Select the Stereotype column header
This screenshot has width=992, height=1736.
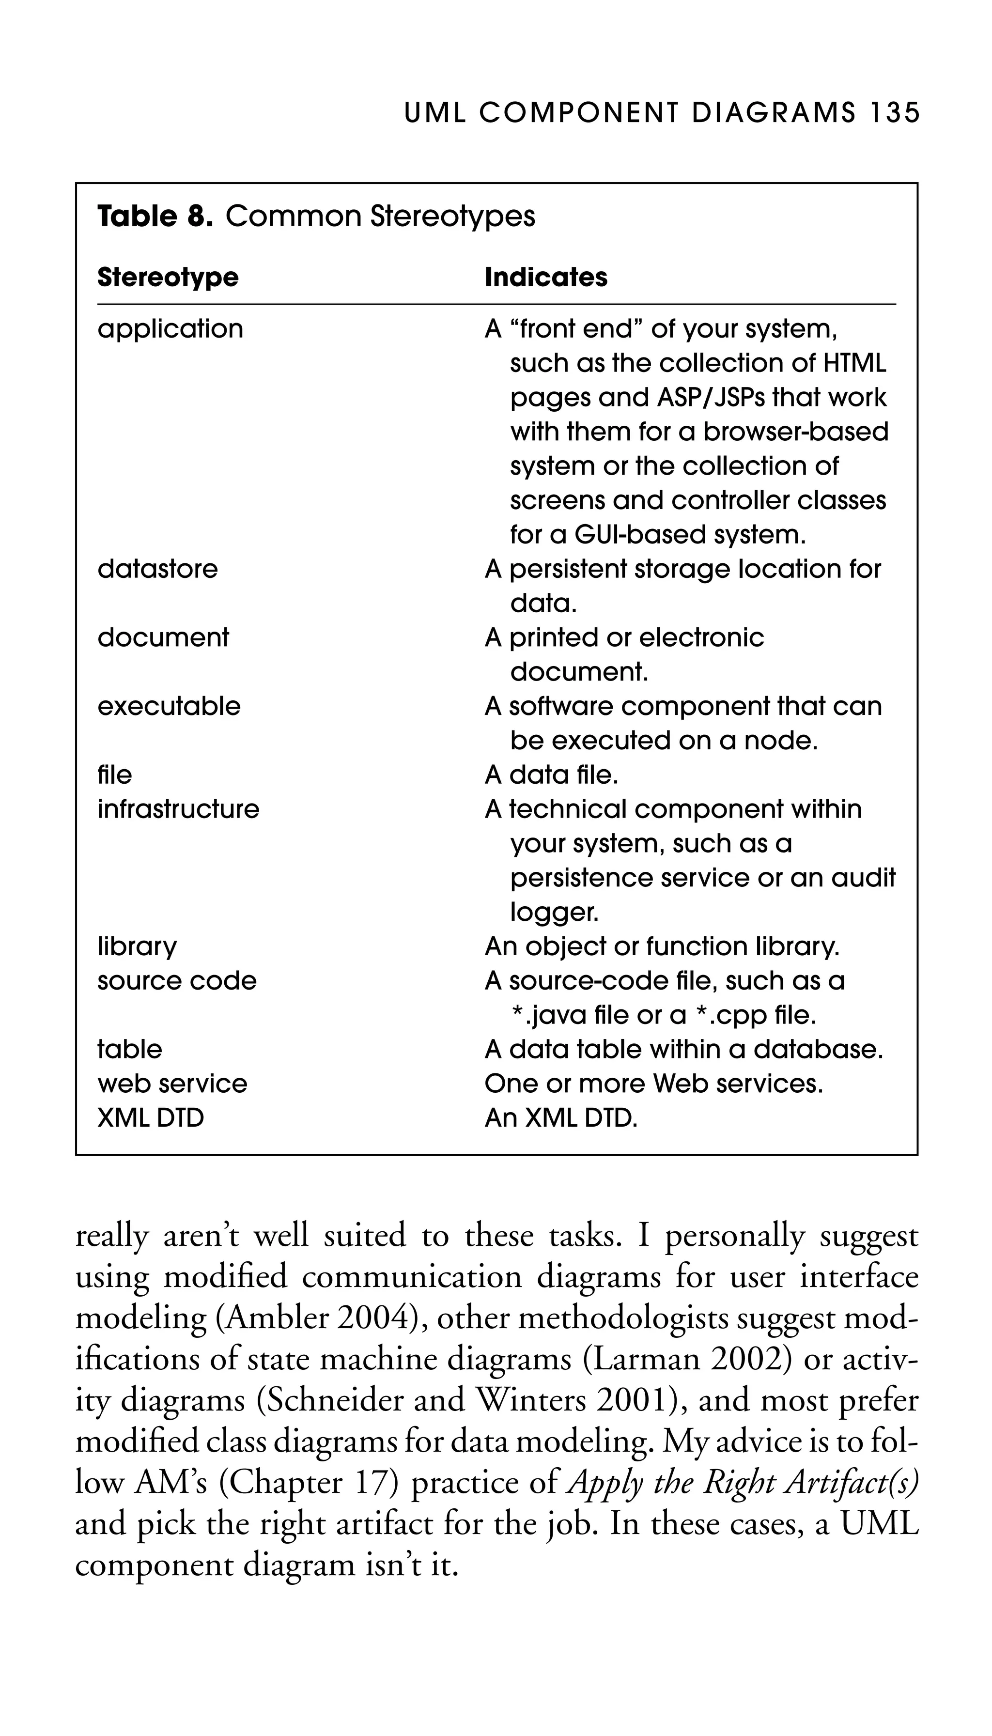[168, 277]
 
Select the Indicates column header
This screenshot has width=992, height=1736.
[546, 277]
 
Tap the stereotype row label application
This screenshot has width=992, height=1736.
[170, 329]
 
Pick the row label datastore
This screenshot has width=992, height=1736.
[157, 569]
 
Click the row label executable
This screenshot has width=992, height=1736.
[169, 707]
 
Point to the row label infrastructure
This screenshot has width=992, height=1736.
[178, 809]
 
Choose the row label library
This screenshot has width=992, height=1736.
[137, 946]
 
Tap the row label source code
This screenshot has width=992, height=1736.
[176, 981]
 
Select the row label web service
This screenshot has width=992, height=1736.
[172, 1084]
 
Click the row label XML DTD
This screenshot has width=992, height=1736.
[151, 1118]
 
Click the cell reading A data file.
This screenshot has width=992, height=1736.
[551, 775]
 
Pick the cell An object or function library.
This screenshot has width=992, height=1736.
[662, 946]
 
